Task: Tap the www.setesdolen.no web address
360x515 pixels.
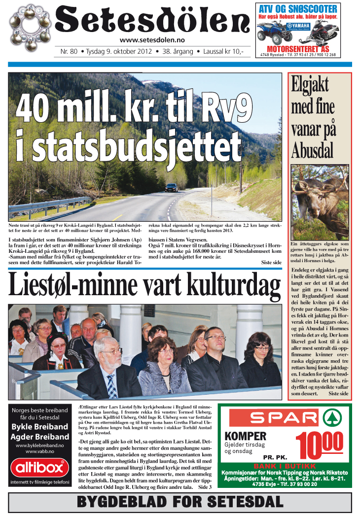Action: coord(152,40)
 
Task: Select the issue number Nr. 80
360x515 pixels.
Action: coord(69,51)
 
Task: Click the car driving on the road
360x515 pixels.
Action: coord(172,188)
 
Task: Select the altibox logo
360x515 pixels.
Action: coord(39,467)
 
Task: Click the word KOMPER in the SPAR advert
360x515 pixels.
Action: coord(245,436)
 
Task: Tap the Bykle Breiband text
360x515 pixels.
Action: coord(39,426)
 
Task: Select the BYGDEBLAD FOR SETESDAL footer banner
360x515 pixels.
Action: coord(180,502)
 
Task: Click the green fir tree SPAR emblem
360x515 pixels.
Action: coord(332,418)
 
